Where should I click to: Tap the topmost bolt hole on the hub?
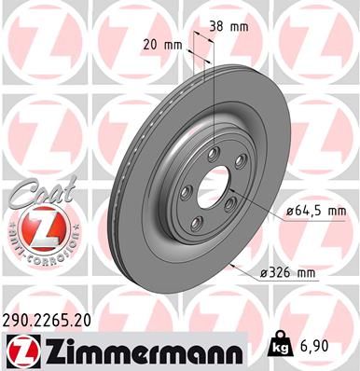(x=215, y=154)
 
